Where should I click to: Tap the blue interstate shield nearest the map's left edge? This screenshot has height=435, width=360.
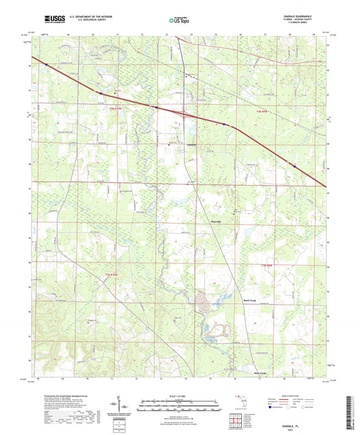pyautogui.click(x=46, y=66)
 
